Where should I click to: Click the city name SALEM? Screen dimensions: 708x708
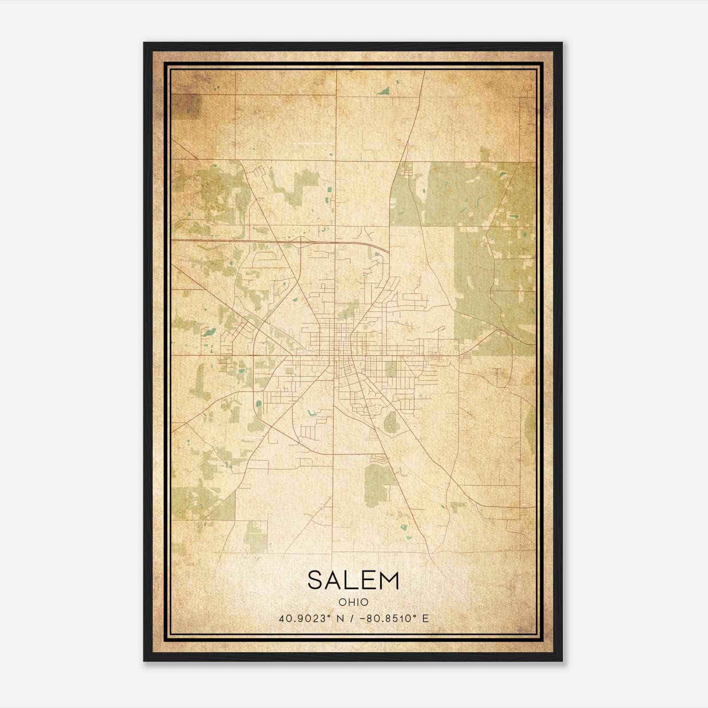353,580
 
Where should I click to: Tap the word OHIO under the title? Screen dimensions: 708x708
353,602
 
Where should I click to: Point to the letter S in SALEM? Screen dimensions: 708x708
315,580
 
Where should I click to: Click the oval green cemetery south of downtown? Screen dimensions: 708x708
390,420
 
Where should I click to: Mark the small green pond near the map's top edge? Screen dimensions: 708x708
383,92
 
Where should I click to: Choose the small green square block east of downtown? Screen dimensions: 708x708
391,369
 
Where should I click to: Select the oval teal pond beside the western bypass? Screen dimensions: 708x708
258,403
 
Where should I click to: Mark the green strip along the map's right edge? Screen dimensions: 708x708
531,425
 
